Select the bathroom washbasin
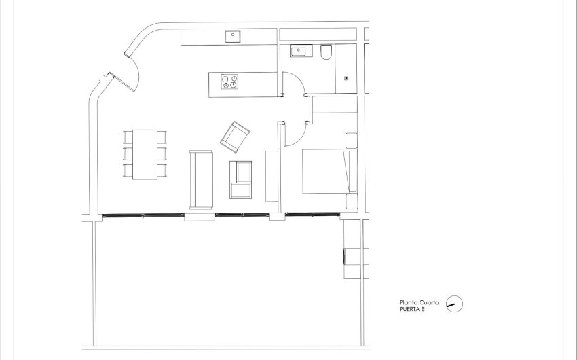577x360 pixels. click(x=299, y=51)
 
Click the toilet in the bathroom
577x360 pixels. click(x=326, y=53)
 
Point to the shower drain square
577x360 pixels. click(x=347, y=77)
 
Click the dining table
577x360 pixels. click(x=145, y=154)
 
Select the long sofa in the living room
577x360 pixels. click(x=202, y=179)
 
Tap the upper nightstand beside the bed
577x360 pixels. click(x=352, y=141)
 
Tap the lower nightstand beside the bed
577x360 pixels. click(x=352, y=202)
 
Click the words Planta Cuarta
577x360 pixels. click(x=418, y=303)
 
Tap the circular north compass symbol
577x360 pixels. click(x=455, y=305)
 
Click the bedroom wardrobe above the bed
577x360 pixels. click(x=334, y=105)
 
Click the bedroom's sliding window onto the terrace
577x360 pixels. click(x=313, y=215)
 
